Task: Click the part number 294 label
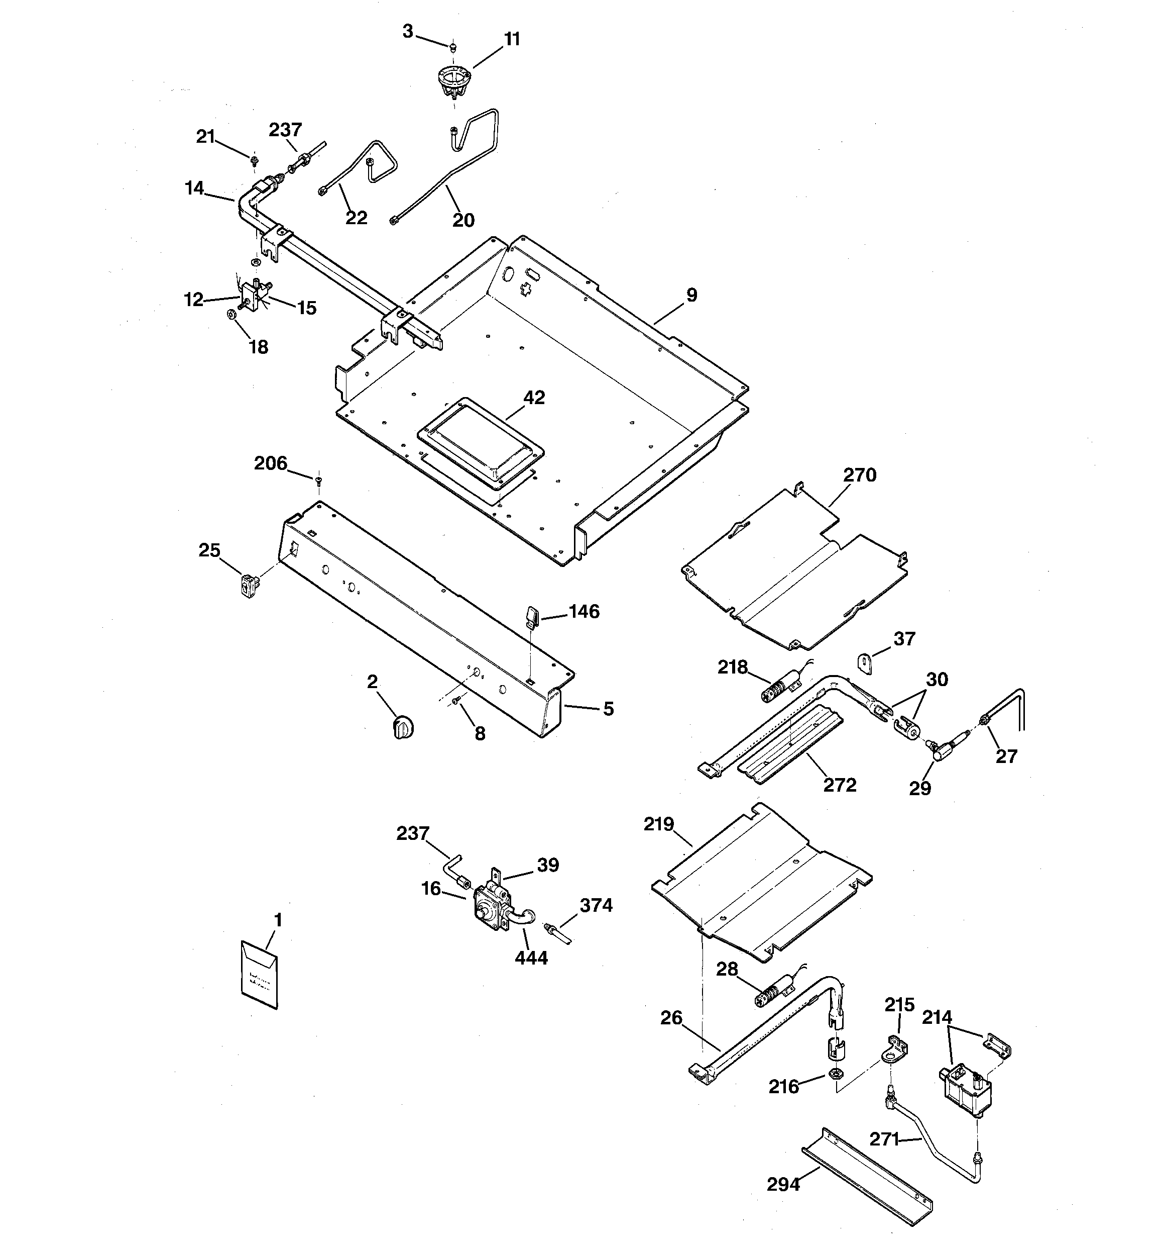(783, 1184)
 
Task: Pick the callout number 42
(534, 398)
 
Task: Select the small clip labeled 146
(532, 616)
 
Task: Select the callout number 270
(859, 475)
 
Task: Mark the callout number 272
(839, 785)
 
